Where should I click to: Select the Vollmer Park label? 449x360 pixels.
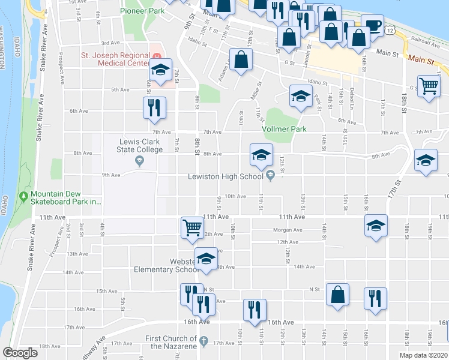284,129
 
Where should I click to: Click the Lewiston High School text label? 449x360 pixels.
225,176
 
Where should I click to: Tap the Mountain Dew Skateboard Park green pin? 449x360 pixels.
23,196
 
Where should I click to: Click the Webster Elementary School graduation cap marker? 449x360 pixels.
206,259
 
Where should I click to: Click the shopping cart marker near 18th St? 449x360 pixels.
429,86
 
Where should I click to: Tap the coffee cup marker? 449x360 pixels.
372,25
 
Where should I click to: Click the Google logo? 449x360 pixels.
20,353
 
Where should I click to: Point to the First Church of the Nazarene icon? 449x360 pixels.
203,341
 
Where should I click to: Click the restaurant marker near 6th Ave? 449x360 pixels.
154,107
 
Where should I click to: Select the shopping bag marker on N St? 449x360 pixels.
338,295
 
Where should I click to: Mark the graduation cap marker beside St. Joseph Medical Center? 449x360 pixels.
160,69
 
